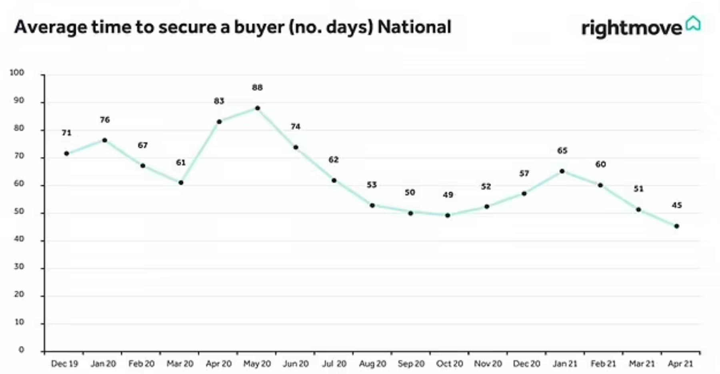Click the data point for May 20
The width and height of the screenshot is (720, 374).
click(257, 108)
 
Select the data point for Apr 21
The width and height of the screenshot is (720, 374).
click(676, 226)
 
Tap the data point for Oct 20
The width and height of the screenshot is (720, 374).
click(448, 215)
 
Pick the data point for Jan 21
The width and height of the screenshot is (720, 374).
click(562, 171)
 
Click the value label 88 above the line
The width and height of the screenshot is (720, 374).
click(257, 87)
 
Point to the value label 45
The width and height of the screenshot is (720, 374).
click(676, 205)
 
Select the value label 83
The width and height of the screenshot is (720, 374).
click(219, 101)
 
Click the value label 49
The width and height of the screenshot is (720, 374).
click(448, 195)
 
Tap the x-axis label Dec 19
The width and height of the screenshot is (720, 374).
click(64, 364)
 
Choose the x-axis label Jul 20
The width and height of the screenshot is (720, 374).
click(334, 364)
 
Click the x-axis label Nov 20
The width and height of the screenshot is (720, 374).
click(488, 364)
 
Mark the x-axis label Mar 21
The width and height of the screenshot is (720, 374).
click(642, 364)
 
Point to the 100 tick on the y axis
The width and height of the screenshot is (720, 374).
click(17, 72)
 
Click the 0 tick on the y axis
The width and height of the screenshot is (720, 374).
click(21, 350)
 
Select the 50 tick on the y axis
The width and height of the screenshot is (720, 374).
click(19, 211)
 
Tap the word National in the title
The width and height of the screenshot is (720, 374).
click(414, 27)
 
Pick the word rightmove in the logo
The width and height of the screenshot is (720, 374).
click(631, 28)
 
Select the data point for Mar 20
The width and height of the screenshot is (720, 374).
click(181, 183)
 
